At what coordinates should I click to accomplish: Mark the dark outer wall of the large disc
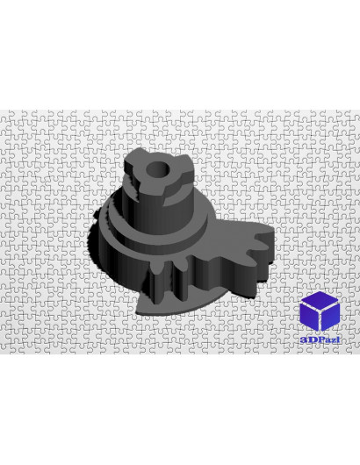click(119, 261)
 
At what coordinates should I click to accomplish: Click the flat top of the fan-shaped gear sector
click(228, 243)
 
